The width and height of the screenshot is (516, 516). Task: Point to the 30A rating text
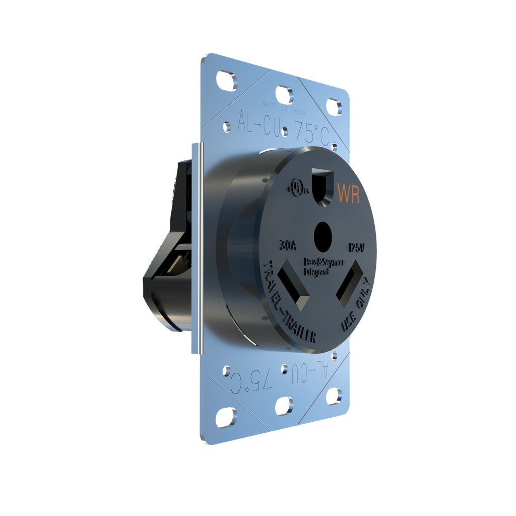tap(288, 246)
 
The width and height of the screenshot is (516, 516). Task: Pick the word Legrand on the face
tap(317, 273)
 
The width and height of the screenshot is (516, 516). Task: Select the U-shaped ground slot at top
tap(323, 184)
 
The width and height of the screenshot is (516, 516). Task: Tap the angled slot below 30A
tap(294, 287)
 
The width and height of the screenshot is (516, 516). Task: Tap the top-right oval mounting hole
tap(334, 106)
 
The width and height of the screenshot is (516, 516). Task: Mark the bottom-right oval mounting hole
tap(334, 396)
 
